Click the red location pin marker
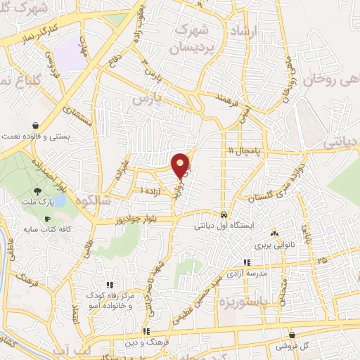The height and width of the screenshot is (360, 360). point(181,165)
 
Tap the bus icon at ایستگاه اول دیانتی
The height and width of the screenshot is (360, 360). point(223,214)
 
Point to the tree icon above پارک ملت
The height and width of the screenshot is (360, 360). point(36,191)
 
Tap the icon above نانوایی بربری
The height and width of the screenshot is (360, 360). point(274,233)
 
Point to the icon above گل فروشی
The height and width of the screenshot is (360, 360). point(290,335)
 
